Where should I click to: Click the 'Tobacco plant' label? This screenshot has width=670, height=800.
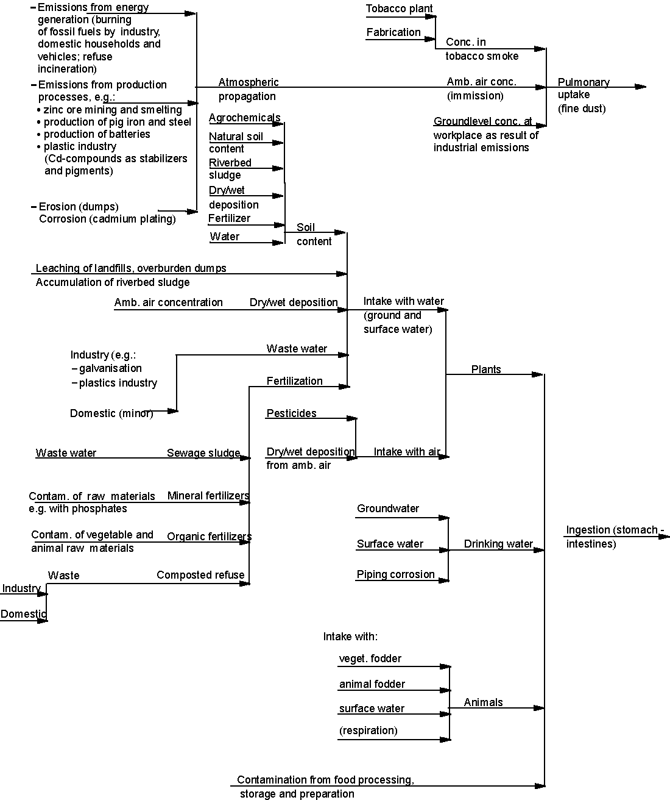(x=399, y=9)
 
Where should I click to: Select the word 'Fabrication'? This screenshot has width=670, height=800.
(x=393, y=32)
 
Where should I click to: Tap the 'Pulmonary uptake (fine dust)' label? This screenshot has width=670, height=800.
(x=583, y=95)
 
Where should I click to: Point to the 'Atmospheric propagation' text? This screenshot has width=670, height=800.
(x=248, y=89)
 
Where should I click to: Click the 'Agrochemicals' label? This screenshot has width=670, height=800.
(x=244, y=118)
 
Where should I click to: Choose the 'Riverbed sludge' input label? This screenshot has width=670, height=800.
(x=230, y=169)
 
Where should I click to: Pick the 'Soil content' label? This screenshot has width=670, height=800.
(x=314, y=234)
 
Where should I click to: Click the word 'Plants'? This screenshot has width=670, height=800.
(x=485, y=370)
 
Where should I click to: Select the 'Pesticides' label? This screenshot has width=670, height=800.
(x=291, y=413)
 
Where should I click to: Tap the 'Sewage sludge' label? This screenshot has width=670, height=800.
(x=203, y=453)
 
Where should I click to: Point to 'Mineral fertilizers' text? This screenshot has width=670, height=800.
(x=208, y=496)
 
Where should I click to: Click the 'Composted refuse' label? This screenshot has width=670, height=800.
(x=200, y=575)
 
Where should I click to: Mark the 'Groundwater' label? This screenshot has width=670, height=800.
(x=388, y=509)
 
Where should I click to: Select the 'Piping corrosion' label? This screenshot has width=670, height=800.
(x=395, y=574)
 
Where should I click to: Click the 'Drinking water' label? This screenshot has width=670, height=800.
(x=498, y=544)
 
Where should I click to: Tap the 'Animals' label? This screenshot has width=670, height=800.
(x=483, y=702)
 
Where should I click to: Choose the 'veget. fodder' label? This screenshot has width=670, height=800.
(x=370, y=659)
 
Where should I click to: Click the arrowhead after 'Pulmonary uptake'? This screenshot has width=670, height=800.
(x=640, y=87)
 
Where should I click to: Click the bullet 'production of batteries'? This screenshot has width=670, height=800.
(x=96, y=134)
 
